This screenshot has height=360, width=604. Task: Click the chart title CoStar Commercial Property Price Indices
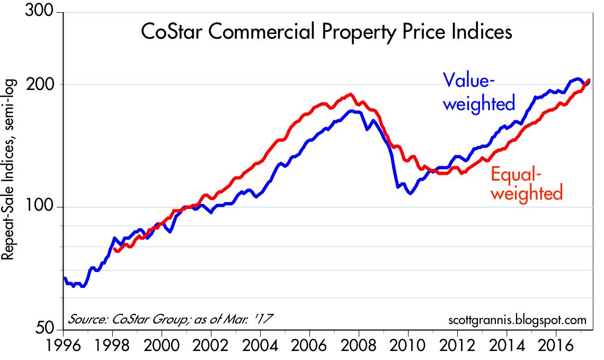click(326, 33)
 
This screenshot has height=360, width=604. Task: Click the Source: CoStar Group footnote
click(170, 320)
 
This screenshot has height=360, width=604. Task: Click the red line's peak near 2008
click(350, 95)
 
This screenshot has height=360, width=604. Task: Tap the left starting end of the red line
click(114, 249)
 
